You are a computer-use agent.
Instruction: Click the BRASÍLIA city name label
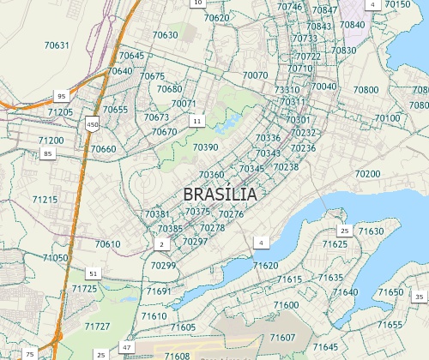tap(221, 195)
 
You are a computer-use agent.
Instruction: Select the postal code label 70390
tap(206, 147)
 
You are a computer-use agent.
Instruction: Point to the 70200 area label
tap(366, 174)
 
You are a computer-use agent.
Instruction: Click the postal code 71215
tap(45, 200)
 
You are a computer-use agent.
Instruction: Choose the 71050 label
tap(55, 257)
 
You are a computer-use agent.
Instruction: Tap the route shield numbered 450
tap(92, 125)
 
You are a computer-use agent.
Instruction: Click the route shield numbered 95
tap(61, 96)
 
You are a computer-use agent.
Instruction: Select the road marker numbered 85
tap(48, 153)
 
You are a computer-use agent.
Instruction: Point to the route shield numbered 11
tap(197, 122)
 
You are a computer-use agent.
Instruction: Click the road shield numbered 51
tap(93, 273)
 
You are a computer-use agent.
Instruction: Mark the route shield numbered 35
tap(420, 297)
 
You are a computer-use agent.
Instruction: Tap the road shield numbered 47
tap(127, 347)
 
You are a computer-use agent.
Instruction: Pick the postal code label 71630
tap(372, 231)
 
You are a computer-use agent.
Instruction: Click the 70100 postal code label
tap(387, 117)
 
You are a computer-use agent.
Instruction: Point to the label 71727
tap(98, 327)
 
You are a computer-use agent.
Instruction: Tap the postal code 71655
tap(390, 325)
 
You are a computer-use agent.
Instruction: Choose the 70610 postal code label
tap(108, 244)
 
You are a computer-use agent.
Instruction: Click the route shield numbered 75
tap(30, 354)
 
